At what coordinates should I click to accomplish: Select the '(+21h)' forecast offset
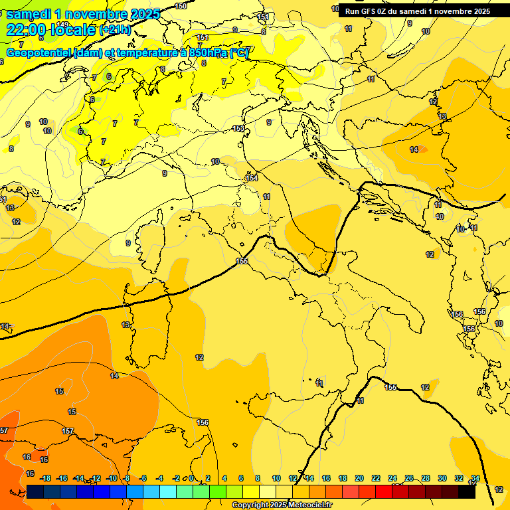tap(115, 30)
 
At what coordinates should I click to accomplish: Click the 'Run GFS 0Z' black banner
tap(417, 11)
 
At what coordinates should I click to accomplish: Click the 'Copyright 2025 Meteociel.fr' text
tap(282, 505)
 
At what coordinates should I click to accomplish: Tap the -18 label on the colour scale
tap(46, 478)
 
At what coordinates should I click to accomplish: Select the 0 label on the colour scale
tap(191, 478)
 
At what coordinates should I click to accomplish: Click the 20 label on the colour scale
tap(359, 478)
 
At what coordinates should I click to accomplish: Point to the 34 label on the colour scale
tap(475, 478)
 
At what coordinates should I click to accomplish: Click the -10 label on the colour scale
tap(112, 478)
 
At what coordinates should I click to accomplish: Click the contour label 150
tap(181, 6)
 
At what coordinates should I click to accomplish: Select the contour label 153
tap(238, 128)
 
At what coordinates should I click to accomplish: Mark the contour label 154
tap(252, 178)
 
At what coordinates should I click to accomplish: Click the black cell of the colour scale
tap(466, 491)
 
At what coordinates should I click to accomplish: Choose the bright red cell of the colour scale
tap(384, 491)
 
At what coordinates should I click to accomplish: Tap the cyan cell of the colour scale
tap(168, 491)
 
